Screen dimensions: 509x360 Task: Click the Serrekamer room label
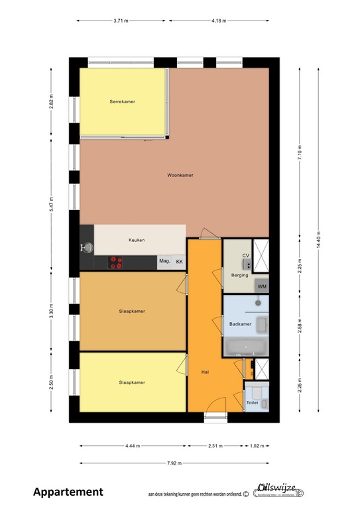[x=123, y=101]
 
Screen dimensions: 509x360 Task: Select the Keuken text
[x=137, y=240]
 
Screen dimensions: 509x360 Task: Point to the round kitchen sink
[x=88, y=248]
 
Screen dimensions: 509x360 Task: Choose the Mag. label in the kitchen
[x=164, y=262]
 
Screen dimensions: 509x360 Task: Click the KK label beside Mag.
[x=179, y=262]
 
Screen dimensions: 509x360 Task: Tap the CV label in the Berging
[x=245, y=255]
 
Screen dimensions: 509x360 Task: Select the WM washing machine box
[x=263, y=286]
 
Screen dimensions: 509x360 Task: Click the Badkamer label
[x=240, y=324]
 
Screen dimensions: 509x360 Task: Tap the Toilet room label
[x=252, y=402]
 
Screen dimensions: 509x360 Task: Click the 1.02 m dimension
[x=257, y=445]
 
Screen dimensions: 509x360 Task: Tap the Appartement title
[x=68, y=492]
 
